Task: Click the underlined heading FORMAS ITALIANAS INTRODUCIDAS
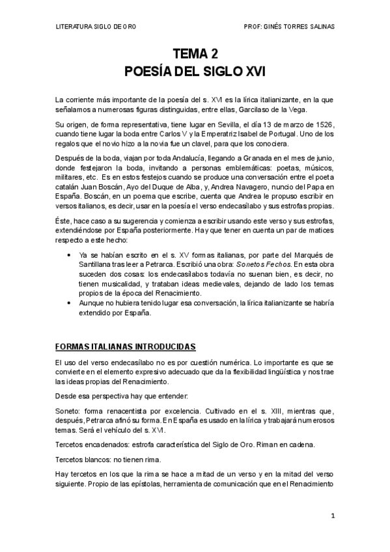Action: pyautogui.click(x=126, y=346)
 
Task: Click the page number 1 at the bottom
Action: pyautogui.click(x=332, y=516)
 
